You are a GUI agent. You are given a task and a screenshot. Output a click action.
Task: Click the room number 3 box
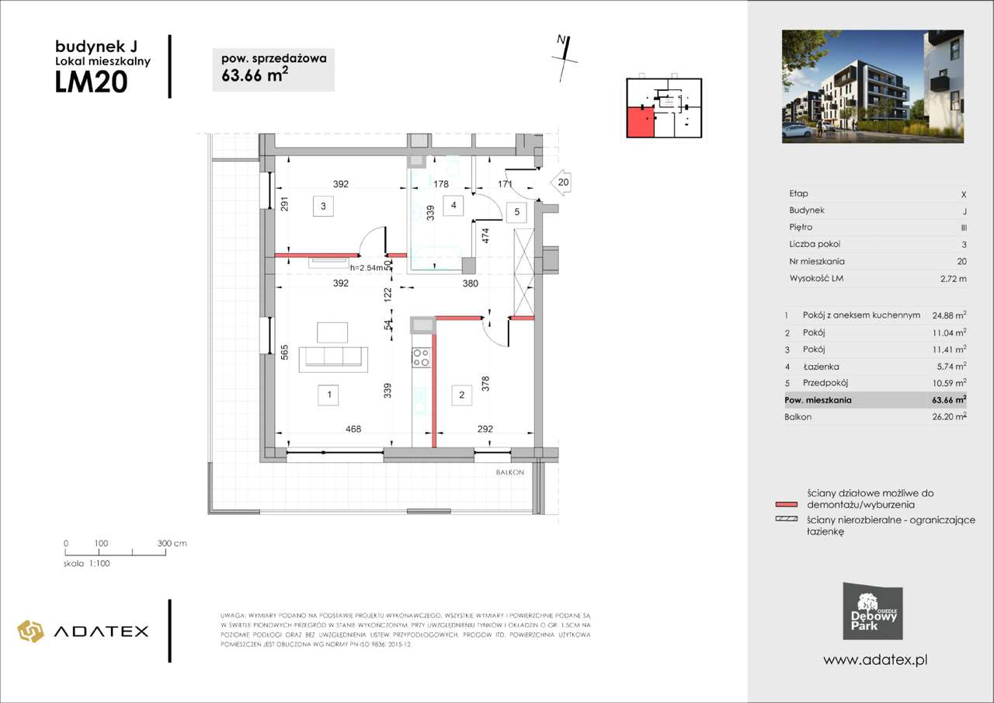click(323, 206)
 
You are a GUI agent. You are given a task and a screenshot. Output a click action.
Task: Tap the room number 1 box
click(330, 395)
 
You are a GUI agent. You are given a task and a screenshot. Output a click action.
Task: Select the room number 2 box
click(461, 395)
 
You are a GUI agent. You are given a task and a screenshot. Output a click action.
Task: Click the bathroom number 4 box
click(452, 206)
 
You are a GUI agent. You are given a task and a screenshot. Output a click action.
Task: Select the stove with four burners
click(420, 357)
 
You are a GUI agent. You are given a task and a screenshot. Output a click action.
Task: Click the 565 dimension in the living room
click(285, 352)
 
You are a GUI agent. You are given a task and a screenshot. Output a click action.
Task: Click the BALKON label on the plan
click(510, 472)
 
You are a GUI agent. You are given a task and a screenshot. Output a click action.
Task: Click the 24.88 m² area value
click(949, 315)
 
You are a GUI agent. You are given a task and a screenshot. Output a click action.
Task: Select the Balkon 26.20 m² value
click(949, 417)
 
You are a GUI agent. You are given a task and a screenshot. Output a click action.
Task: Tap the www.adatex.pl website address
click(876, 659)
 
